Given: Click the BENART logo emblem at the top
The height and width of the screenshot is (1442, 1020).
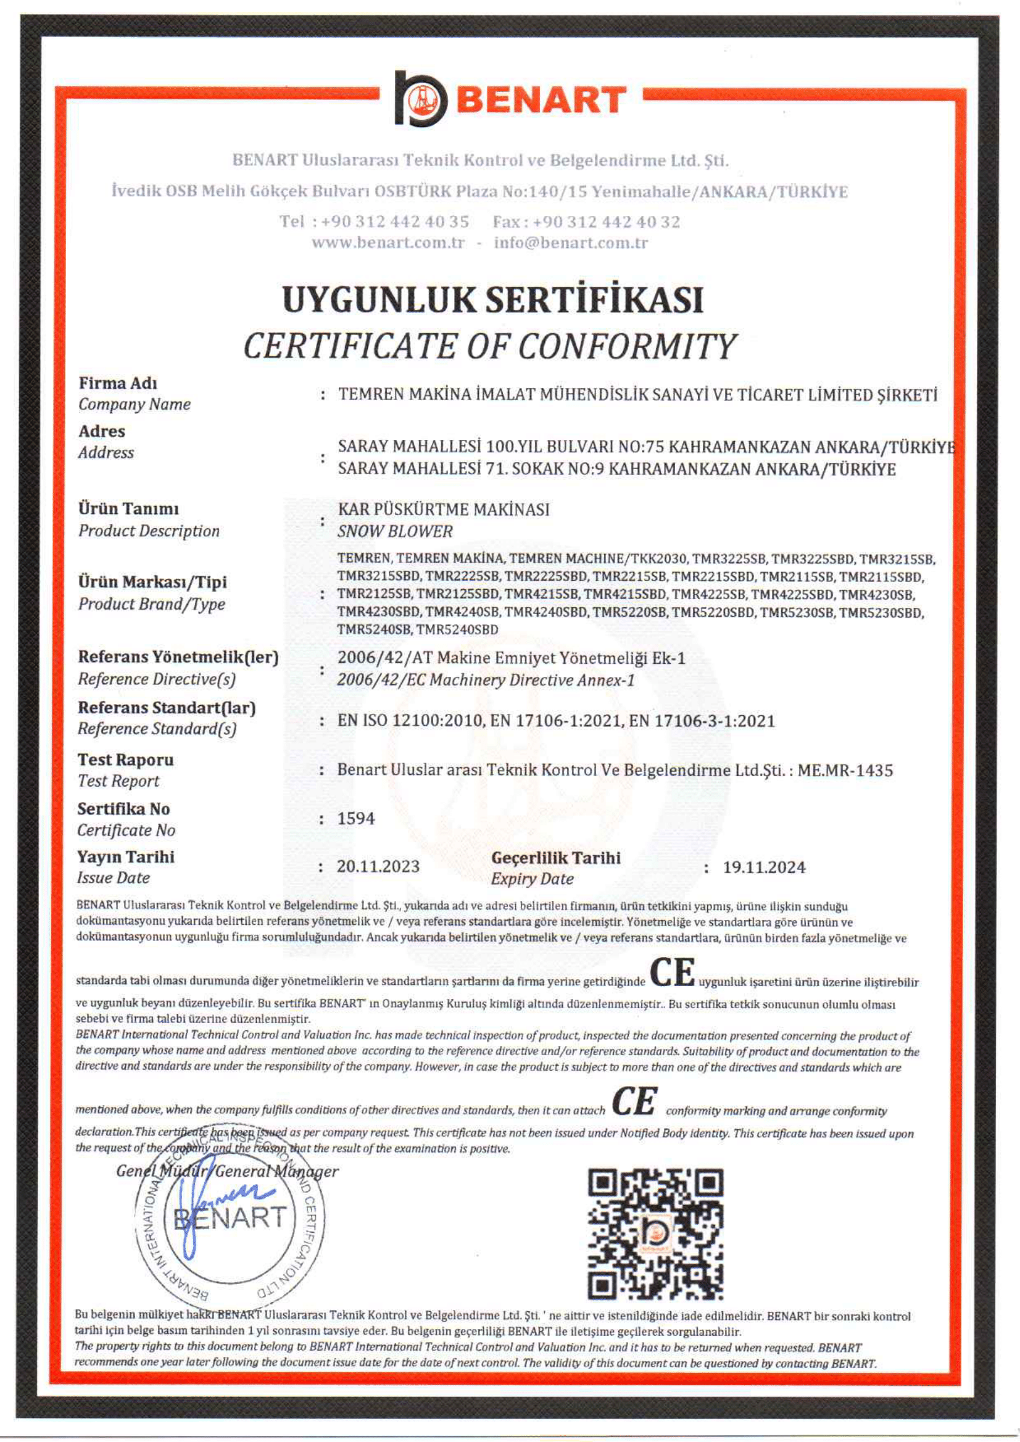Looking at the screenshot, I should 420,99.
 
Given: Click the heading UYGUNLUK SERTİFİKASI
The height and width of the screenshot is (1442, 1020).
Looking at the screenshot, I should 492,300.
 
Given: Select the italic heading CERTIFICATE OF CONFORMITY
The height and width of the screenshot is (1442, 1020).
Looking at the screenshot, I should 489,347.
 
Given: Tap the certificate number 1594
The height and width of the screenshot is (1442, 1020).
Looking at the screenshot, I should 355,818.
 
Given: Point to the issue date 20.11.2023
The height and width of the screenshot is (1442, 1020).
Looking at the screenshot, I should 378,867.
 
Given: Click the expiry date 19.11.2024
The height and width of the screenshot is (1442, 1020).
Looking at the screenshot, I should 764,868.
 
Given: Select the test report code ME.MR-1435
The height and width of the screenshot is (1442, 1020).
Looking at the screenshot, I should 845,770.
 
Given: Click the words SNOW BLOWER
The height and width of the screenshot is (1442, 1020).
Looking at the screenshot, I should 394,531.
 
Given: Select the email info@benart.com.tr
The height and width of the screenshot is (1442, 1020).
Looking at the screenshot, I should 570,243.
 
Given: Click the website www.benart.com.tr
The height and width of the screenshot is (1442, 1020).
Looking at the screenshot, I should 388,243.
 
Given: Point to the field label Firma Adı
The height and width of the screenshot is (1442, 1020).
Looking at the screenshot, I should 117,383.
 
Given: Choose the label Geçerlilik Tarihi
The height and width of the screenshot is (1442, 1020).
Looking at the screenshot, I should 555,858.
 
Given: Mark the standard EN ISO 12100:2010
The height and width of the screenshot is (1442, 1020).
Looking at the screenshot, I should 410,720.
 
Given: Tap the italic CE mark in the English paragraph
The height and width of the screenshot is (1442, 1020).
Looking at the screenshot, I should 634,1101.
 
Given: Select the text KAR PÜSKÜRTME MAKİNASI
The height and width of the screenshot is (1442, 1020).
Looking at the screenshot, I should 444,509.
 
